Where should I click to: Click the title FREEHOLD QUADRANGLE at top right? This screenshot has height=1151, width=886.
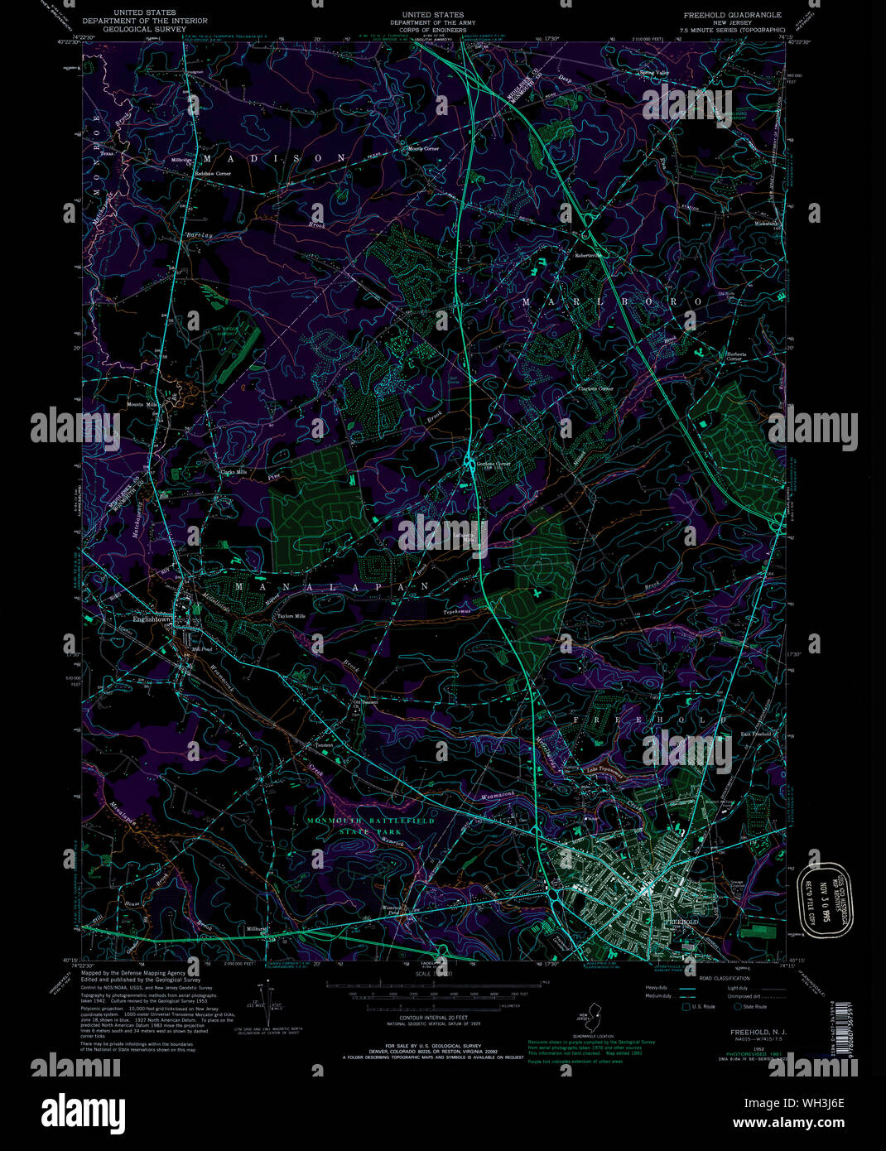(x=733, y=15)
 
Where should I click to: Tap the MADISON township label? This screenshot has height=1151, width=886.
(x=274, y=157)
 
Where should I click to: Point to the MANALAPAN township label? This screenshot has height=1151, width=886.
(x=331, y=586)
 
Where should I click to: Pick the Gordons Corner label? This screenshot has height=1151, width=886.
(x=493, y=464)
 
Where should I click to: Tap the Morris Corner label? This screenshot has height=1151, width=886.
(x=423, y=148)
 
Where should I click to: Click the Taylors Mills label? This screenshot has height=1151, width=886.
(x=291, y=616)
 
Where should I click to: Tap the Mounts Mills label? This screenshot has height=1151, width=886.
(x=142, y=404)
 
